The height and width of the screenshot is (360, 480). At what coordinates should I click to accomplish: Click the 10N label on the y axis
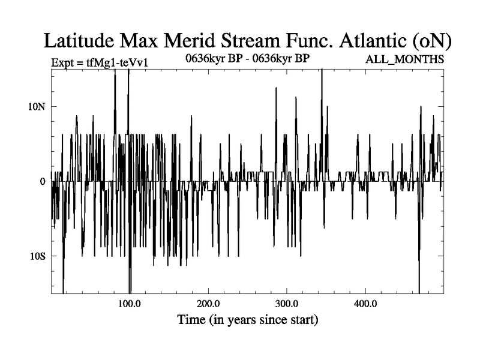[x=37, y=107]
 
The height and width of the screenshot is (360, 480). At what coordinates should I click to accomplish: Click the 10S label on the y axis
[x=37, y=256]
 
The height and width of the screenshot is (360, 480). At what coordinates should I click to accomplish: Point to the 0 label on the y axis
[x=42, y=182]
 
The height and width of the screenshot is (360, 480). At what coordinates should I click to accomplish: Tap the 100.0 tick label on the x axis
[x=130, y=304]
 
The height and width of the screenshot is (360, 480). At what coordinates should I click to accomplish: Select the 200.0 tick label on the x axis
[x=208, y=304]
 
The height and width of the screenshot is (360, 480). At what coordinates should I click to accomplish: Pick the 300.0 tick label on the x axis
[x=287, y=304]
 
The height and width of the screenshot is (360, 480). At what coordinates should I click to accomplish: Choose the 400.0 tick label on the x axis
[x=365, y=304]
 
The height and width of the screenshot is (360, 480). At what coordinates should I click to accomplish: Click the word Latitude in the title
[x=79, y=41]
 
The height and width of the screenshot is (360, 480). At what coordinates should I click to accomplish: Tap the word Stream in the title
[x=250, y=41]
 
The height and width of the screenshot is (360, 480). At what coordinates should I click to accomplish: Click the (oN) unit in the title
[x=431, y=41]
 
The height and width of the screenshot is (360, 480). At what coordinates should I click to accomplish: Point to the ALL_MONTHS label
[x=404, y=59]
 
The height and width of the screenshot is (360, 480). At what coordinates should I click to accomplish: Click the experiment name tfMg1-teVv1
[x=117, y=63]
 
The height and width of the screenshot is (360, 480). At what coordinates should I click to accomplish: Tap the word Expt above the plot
[x=62, y=63]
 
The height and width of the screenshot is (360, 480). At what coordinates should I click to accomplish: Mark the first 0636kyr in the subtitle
[x=206, y=58]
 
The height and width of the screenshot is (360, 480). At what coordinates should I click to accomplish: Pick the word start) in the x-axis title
[x=304, y=320]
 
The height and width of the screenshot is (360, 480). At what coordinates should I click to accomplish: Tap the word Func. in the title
[x=309, y=41]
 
